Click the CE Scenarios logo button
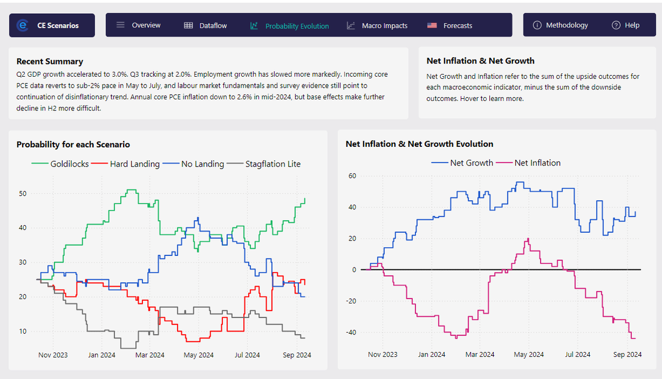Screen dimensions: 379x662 pyautogui.click(x=52, y=25)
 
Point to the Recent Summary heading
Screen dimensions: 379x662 pyautogui.click(x=50, y=61)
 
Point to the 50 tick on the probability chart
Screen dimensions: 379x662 pyautogui.click(x=23, y=194)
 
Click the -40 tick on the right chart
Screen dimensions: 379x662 pyautogui.click(x=349, y=333)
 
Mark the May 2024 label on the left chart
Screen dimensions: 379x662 pyautogui.click(x=199, y=355)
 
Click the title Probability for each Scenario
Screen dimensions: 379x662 pyautogui.click(x=73, y=145)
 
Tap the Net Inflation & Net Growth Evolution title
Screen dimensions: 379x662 pyautogui.click(x=419, y=144)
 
